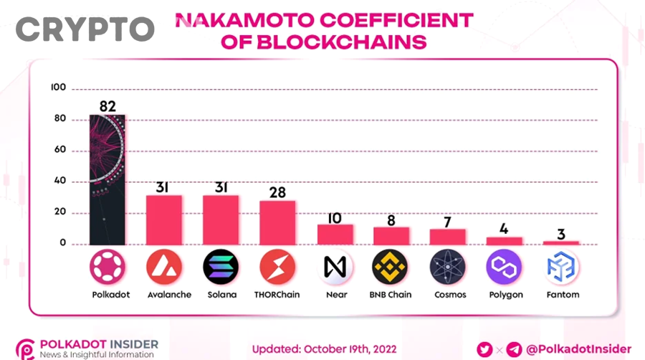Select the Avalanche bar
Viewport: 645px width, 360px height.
point(164,219)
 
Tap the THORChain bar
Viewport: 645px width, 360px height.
point(277,222)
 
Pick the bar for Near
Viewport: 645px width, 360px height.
point(335,235)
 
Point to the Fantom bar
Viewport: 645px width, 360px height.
point(560,243)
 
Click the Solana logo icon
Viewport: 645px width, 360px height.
point(221,267)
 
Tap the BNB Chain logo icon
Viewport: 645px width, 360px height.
point(391,267)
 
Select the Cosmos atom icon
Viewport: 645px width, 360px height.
point(447,267)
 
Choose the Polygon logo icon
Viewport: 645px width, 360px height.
point(504,267)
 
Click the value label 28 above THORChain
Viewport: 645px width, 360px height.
point(277,191)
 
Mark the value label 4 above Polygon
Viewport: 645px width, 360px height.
point(505,229)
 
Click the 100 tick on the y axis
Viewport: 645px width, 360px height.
point(58,87)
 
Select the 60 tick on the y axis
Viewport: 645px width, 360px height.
point(59,150)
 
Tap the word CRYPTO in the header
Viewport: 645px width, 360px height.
point(85,29)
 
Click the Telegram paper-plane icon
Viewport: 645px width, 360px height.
point(514,349)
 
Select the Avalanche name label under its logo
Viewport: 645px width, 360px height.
point(164,295)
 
